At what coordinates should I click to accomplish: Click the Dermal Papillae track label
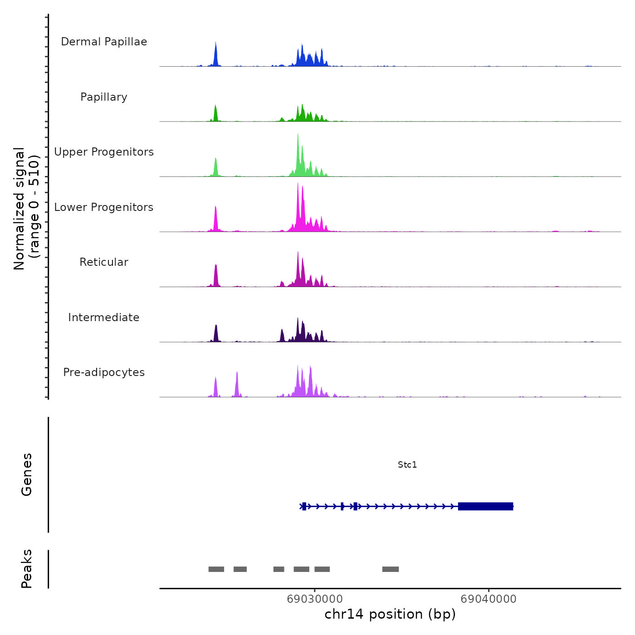(104, 42)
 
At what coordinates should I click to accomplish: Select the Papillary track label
(104, 97)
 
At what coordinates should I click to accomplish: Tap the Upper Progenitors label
(104, 152)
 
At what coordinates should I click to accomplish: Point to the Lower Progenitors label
(104, 207)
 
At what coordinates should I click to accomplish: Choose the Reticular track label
(104, 262)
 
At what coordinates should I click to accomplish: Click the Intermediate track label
(104, 317)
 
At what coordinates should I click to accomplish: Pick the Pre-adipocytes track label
(104, 372)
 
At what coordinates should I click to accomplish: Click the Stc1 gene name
(407, 465)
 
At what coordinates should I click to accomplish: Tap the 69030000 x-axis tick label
(315, 599)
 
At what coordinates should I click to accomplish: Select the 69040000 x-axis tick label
(488, 599)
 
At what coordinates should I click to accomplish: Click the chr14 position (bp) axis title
(390, 615)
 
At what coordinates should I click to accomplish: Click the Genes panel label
(27, 474)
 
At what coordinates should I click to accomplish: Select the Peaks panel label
(27, 569)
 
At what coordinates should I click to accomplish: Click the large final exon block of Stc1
(485, 506)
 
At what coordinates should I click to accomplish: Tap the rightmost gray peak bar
(391, 569)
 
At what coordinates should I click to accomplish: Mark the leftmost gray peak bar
(216, 569)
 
